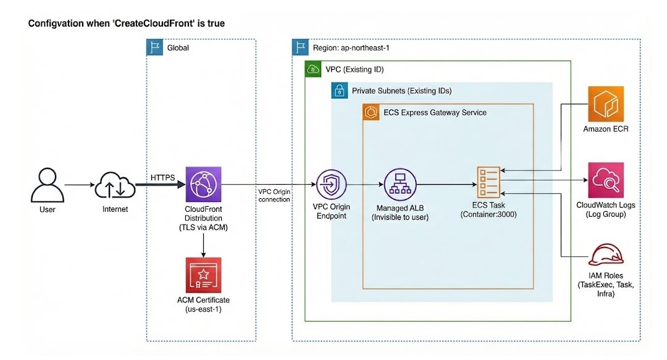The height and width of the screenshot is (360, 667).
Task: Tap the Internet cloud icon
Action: coord(115,184)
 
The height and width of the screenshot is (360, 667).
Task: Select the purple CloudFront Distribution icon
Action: coord(203,184)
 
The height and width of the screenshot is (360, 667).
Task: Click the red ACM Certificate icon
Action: coord(203,275)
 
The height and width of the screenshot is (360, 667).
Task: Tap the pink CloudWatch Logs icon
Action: coord(606,180)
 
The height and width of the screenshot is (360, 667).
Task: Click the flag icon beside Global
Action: coord(154,48)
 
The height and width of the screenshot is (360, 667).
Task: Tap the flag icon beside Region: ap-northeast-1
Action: coord(301,48)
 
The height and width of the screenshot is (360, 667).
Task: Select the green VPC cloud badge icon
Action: coord(313,69)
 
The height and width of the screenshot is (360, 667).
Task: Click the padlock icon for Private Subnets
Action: coord(339,91)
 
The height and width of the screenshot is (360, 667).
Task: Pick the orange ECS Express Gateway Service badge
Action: coord(371,112)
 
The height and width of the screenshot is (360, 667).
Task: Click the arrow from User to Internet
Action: coord(77,185)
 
